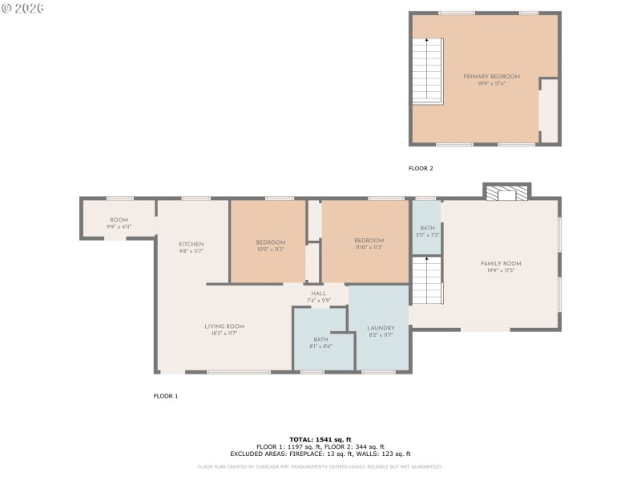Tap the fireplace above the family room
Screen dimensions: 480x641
tap(506, 193)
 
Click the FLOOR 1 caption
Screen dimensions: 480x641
tap(166, 396)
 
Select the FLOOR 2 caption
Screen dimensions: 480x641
tap(421, 169)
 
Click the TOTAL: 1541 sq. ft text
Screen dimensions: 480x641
tap(320, 440)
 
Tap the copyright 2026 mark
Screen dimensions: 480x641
tap(22, 8)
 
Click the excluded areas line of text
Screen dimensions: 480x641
tap(320, 454)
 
